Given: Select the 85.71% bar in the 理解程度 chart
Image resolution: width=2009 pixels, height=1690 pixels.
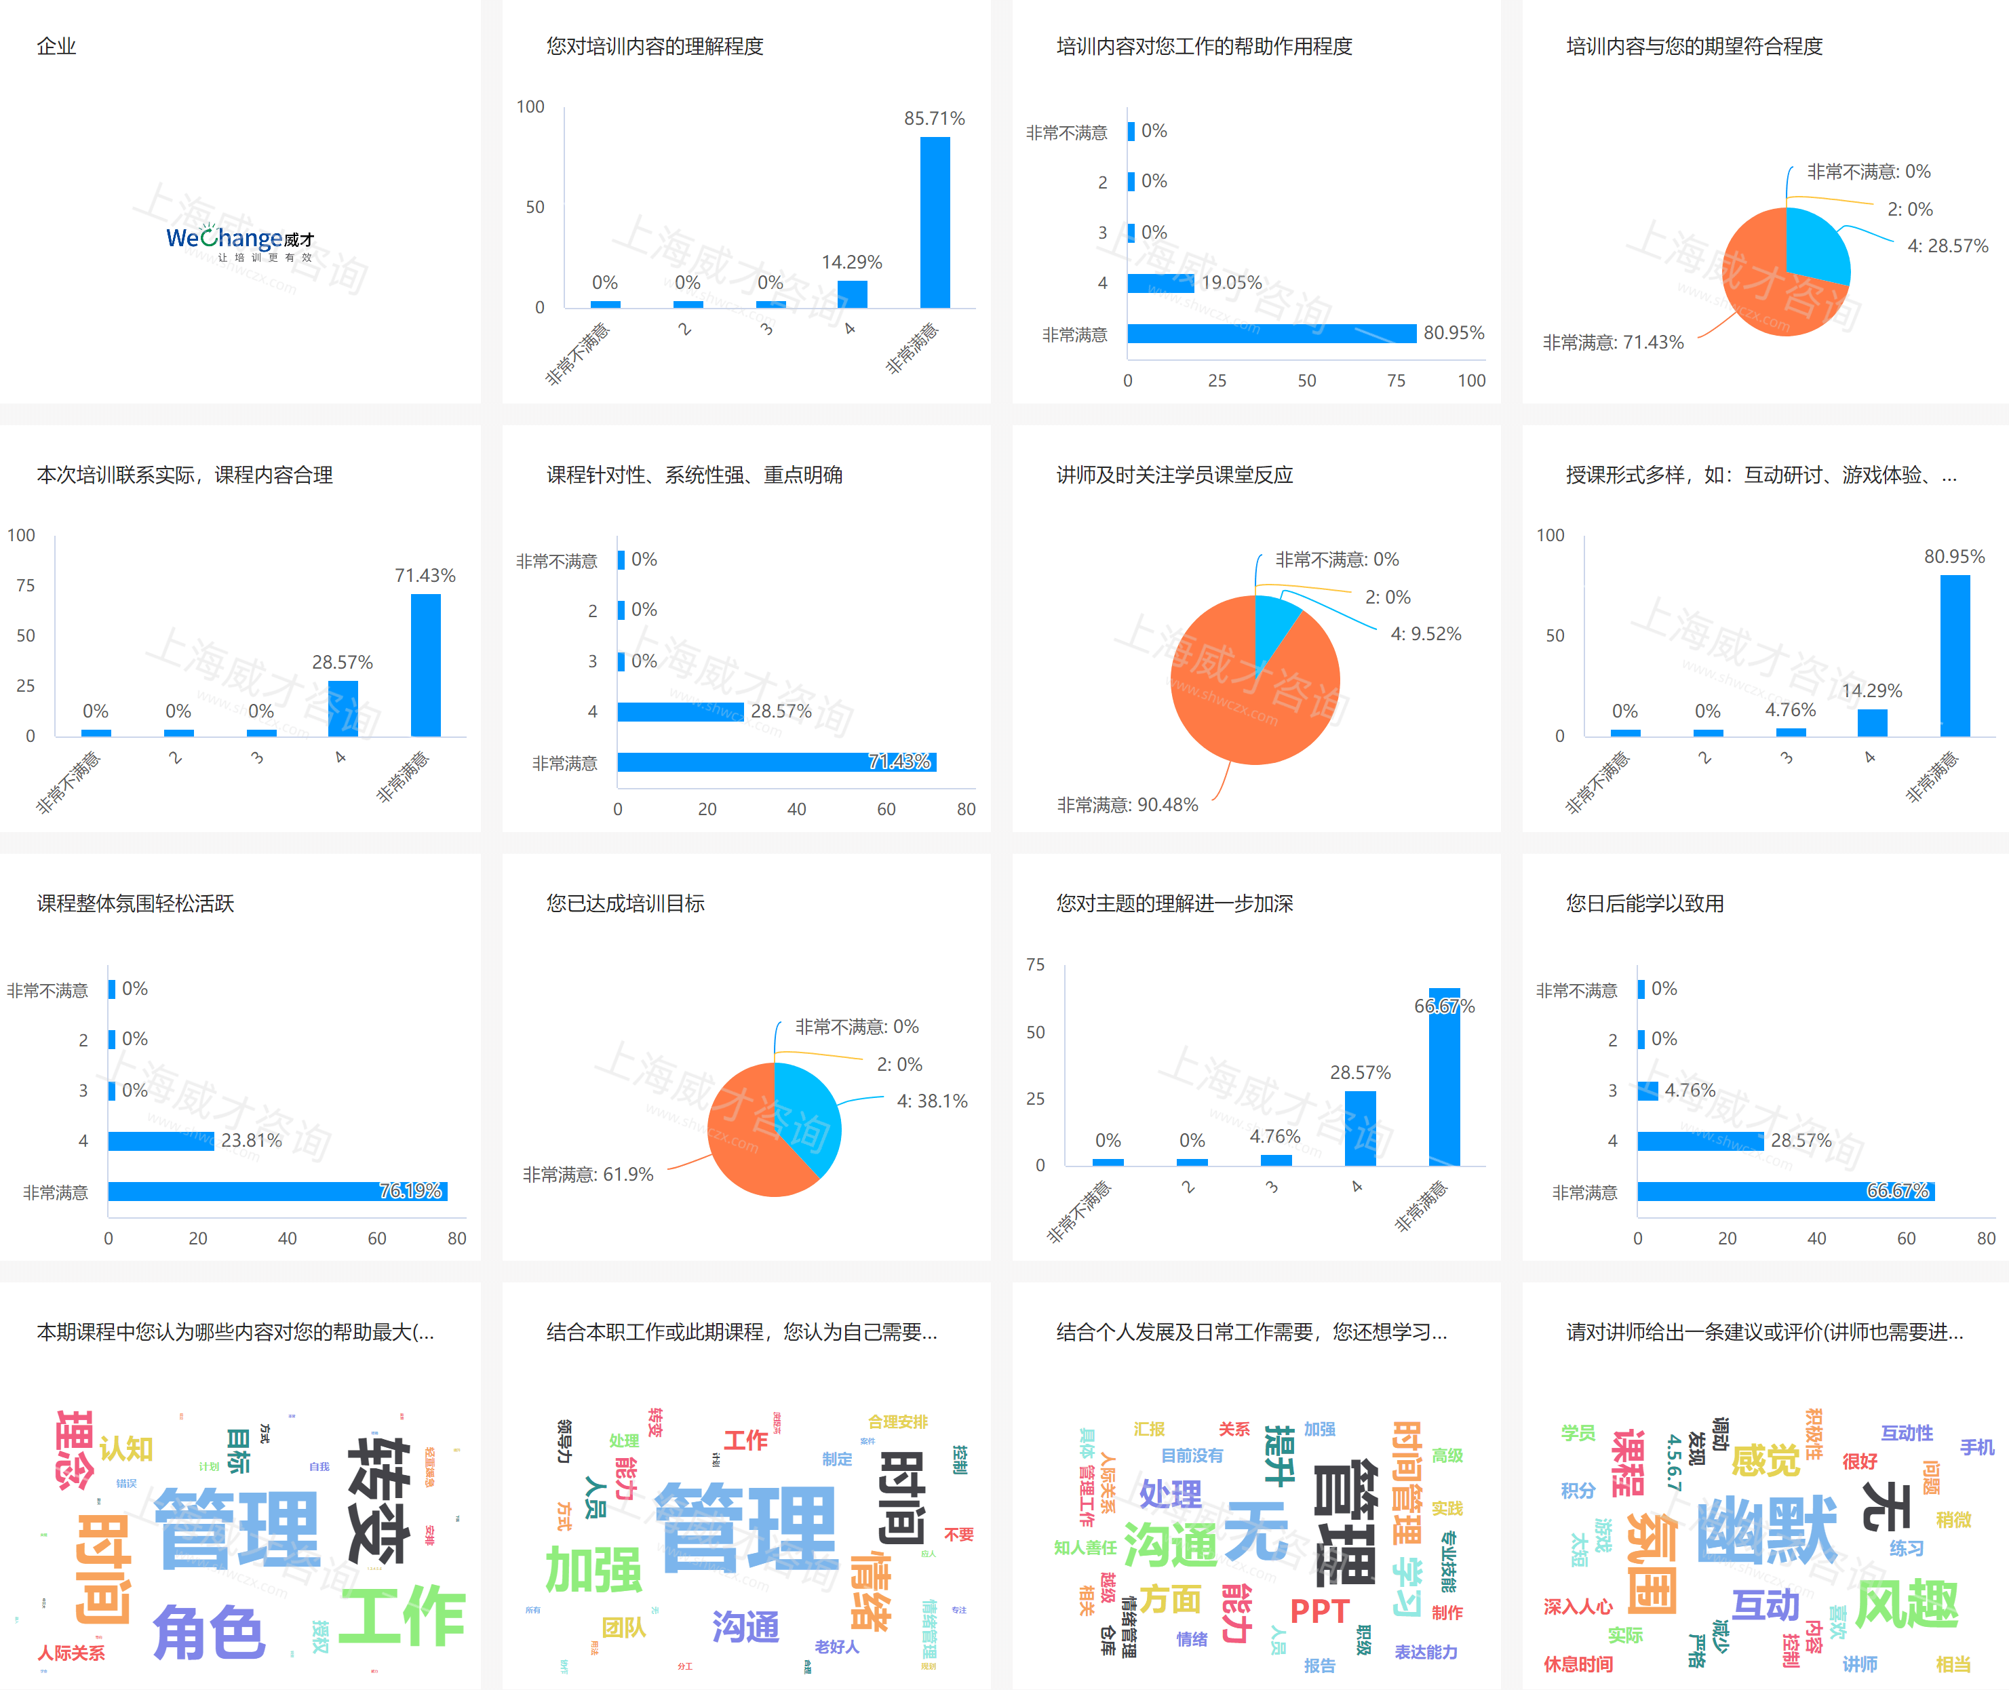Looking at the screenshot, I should point(935,222).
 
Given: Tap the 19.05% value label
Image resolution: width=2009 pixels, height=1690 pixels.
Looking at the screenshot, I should point(1231,283).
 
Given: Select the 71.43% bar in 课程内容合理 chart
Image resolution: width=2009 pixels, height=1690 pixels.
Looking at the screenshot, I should point(425,665).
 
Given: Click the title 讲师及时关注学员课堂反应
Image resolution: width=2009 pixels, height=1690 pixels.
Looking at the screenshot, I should point(1175,475).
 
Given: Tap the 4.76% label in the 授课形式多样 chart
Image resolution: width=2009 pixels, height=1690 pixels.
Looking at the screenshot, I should point(1790,710).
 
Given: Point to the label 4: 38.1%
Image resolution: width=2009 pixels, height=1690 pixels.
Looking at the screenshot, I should point(931,1101).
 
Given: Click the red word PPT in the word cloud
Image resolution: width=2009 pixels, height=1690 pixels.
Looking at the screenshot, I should point(1319,1611).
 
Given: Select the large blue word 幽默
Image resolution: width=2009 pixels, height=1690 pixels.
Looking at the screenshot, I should point(1767,1530).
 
